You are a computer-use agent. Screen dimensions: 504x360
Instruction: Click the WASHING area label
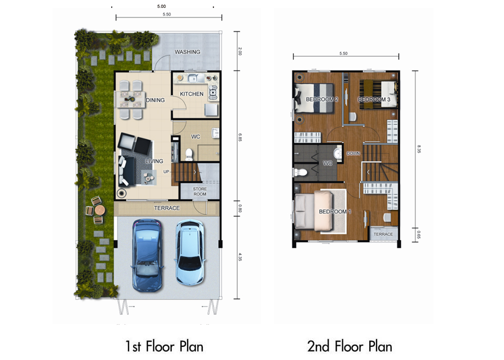point(187,52)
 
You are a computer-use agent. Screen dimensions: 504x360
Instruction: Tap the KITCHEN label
point(192,94)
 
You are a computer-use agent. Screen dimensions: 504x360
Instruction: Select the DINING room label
point(155,100)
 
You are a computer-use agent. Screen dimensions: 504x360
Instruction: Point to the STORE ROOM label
point(200,191)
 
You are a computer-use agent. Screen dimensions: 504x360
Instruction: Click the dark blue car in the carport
point(147,255)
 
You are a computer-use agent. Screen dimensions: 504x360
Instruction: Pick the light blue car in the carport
point(190,252)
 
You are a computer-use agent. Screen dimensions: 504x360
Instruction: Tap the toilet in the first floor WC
point(189,153)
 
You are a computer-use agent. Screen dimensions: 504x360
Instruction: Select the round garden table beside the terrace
point(100,210)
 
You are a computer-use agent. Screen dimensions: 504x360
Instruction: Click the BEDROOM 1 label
point(335,212)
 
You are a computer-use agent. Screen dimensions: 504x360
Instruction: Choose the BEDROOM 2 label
point(322,100)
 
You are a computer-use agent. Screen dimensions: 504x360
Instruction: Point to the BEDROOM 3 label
point(374,100)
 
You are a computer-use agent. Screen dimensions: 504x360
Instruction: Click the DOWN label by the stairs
point(353,153)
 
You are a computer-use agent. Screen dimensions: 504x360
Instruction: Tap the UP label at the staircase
point(166,172)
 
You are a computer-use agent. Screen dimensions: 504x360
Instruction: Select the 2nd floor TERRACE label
point(383,234)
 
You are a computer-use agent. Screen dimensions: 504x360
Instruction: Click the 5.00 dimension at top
point(161,6)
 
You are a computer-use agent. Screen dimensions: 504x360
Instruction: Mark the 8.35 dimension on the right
point(419,149)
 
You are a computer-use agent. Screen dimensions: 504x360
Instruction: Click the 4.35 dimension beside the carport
point(240,257)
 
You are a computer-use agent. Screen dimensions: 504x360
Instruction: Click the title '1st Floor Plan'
point(164,346)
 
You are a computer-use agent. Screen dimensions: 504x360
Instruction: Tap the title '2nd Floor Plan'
point(350,346)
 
